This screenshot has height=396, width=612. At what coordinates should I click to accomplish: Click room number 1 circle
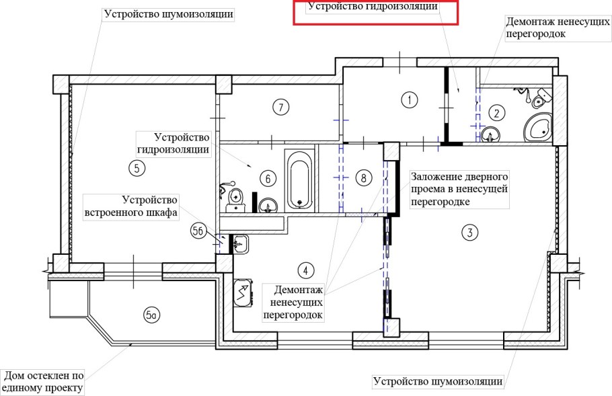tap(409, 100)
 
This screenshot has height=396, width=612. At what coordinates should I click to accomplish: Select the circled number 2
tap(496, 112)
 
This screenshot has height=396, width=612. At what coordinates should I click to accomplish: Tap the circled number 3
tap(469, 233)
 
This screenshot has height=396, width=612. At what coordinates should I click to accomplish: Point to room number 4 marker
tap(306, 270)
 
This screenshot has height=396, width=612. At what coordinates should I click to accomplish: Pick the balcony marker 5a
tap(151, 313)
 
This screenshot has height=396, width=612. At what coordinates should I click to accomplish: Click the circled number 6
tap(267, 178)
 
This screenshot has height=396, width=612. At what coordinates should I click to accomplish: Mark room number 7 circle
tap(280, 106)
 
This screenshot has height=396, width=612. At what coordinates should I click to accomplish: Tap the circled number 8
tap(362, 178)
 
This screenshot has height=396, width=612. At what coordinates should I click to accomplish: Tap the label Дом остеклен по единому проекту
tap(44, 382)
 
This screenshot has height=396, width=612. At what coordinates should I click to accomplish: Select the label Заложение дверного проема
tap(459, 188)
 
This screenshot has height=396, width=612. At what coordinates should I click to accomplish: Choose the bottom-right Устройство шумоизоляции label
tap(438, 382)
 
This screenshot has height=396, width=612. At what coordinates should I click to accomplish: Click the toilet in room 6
tap(236, 197)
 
